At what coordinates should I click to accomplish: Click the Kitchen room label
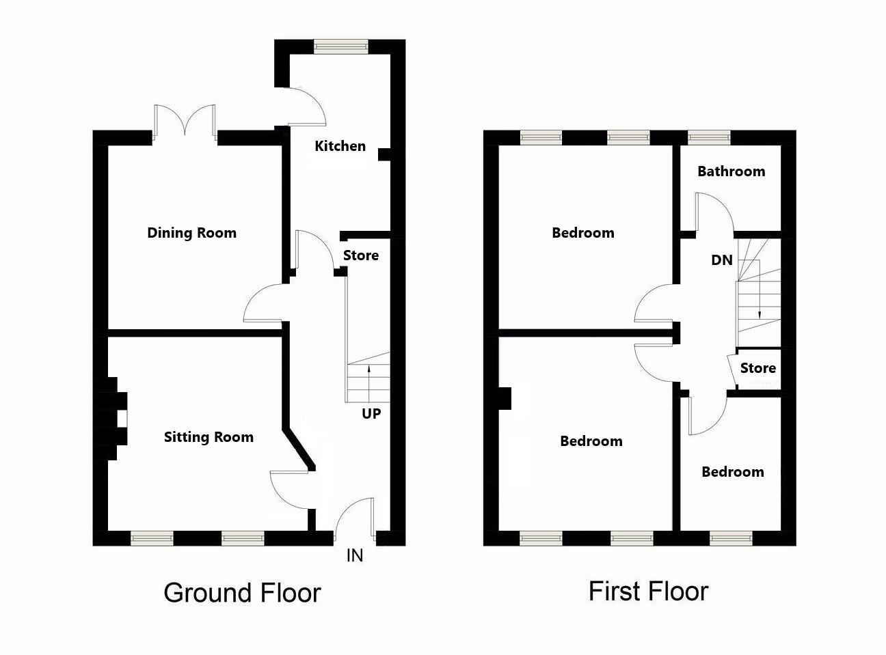click(340, 145)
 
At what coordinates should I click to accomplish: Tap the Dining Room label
click(191, 232)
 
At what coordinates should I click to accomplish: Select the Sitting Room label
click(209, 437)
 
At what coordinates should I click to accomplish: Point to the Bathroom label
click(731, 171)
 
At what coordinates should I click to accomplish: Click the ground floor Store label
click(360, 255)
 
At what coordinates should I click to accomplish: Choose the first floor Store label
click(757, 368)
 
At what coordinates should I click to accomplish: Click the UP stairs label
click(371, 413)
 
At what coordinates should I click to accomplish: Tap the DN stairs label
click(722, 260)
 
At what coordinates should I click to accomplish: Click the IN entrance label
click(355, 555)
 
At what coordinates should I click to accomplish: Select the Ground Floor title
click(242, 592)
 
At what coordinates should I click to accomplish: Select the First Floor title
click(648, 591)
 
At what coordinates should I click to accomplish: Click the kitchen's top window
click(341, 46)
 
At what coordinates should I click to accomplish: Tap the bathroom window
click(708, 137)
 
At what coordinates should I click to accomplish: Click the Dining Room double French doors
click(185, 123)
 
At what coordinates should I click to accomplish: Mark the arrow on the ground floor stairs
click(369, 382)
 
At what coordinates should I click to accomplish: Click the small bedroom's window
click(731, 539)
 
